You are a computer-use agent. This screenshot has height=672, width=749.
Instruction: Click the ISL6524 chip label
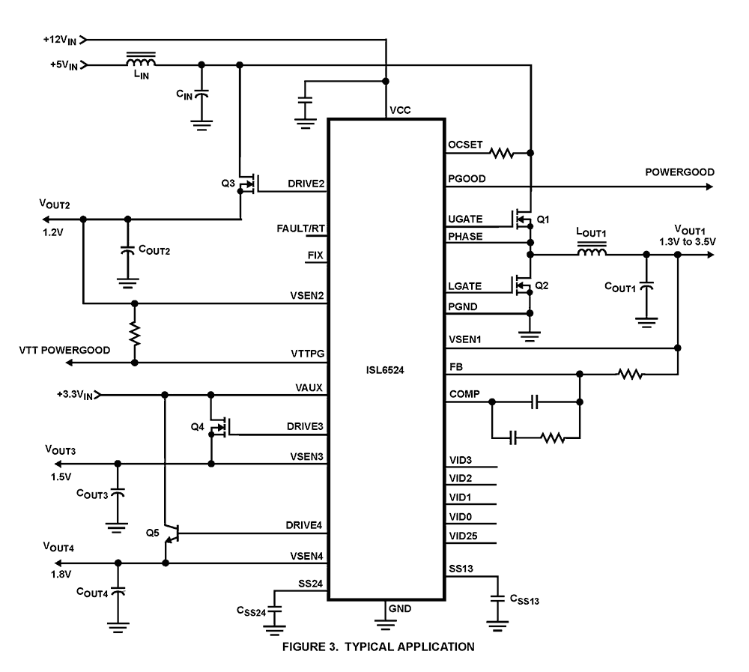386,369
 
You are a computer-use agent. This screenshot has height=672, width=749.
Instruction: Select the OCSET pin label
466,145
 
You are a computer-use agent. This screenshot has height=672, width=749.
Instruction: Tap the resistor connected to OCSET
501,154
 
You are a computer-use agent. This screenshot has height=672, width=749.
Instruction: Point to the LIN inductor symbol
141,61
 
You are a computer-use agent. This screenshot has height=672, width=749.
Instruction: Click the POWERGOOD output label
679,172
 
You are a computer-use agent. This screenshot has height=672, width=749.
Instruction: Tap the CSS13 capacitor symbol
496,599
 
